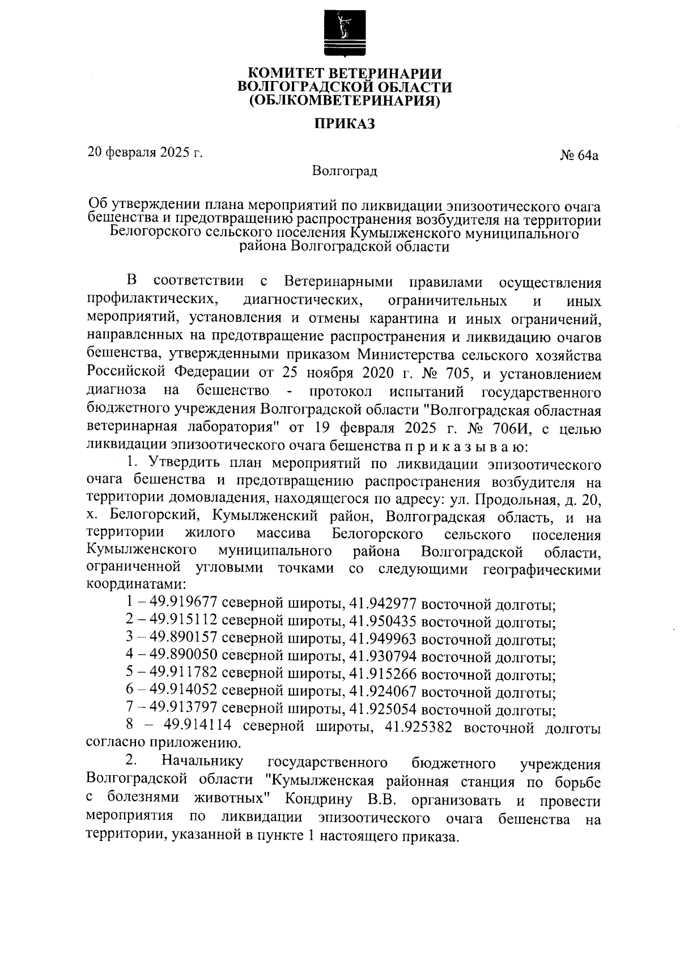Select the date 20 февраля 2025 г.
click(x=145, y=152)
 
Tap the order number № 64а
click(x=579, y=155)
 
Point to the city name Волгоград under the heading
click(x=345, y=171)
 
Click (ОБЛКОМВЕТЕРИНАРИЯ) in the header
click(x=345, y=101)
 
